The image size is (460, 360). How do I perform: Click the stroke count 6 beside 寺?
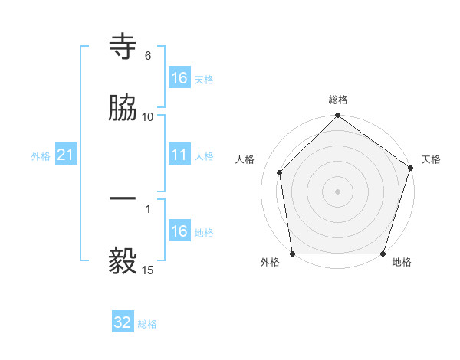148,56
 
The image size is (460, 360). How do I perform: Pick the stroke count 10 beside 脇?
148,116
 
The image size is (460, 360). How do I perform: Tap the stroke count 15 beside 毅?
148,270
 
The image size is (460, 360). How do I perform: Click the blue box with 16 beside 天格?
179,78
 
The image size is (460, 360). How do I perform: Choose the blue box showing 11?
179,155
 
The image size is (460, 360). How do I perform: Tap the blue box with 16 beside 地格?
179,231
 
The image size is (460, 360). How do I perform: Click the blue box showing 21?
66,155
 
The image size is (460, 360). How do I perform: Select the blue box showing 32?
123,322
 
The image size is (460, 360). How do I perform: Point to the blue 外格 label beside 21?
41,155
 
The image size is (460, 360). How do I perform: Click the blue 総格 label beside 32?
147,324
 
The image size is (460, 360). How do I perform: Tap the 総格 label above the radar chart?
338,100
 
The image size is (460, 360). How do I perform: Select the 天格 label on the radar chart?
431,159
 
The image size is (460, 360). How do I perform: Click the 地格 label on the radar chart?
402,263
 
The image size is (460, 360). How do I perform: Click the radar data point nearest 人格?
280,172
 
